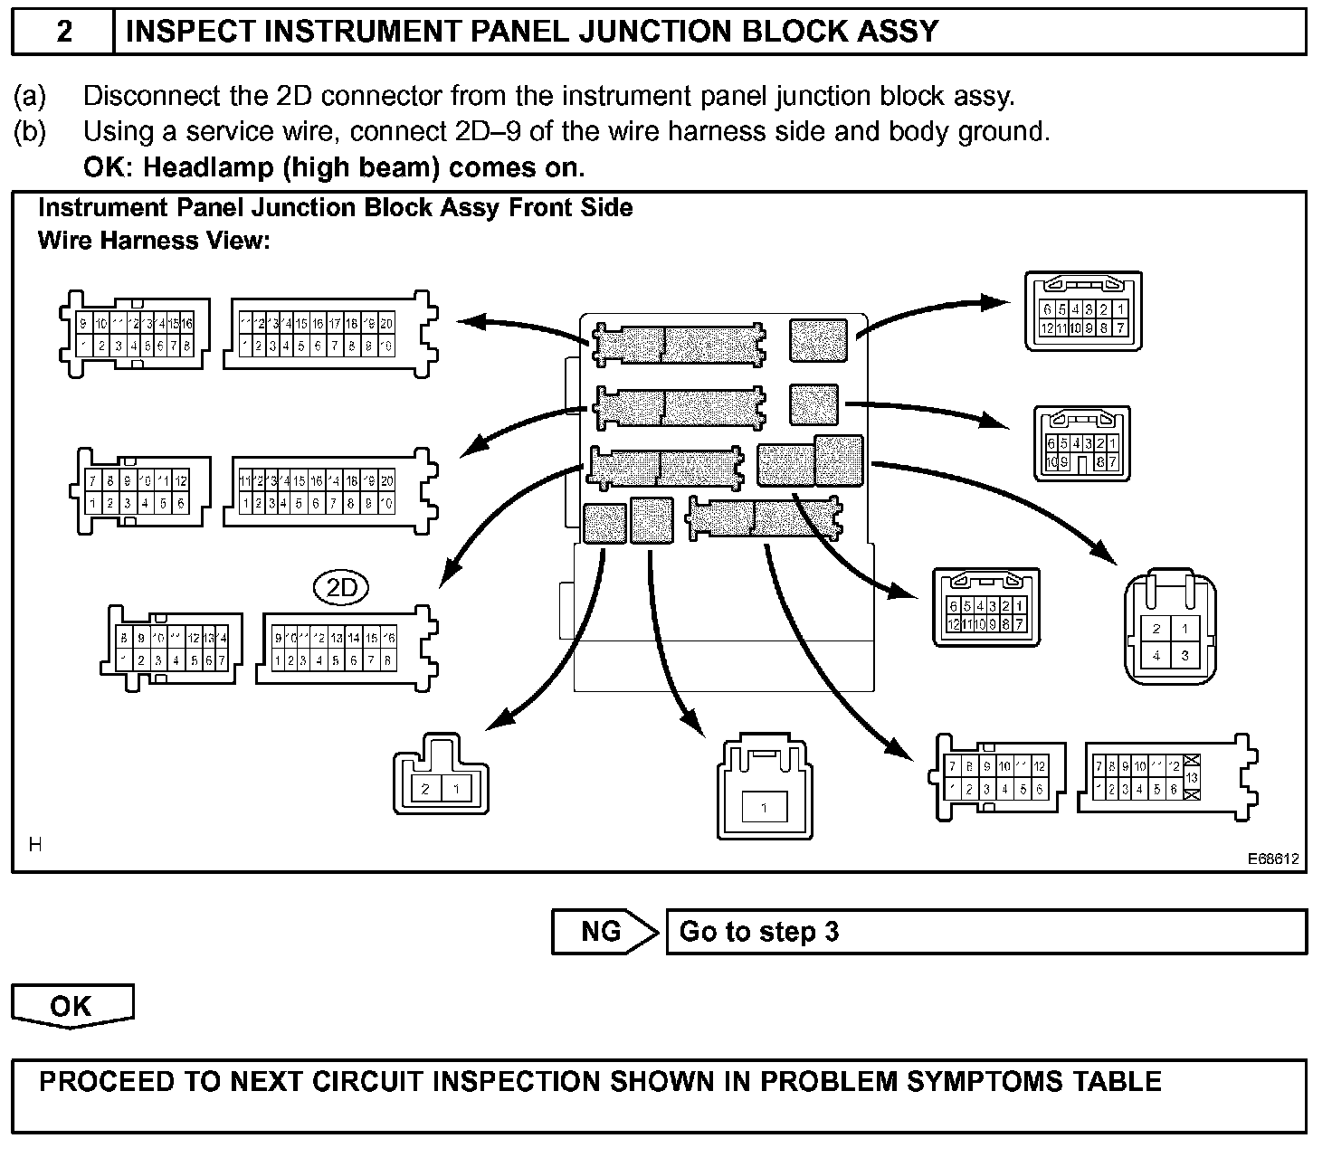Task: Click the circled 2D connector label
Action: coord(342,589)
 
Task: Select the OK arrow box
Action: coord(71,1006)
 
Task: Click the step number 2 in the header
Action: coord(64,32)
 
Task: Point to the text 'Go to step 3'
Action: coord(759,932)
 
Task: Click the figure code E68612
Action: coord(1273,859)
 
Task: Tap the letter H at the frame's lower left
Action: coord(35,845)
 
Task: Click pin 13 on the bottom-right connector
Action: coord(1192,778)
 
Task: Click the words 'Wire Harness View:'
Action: coord(155,241)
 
